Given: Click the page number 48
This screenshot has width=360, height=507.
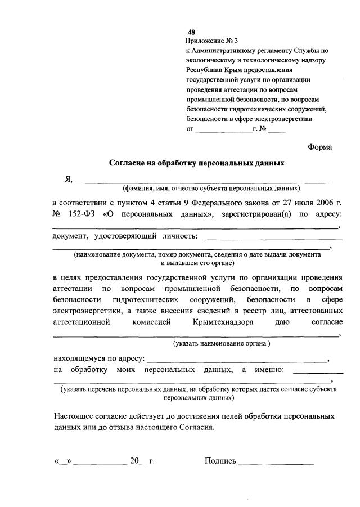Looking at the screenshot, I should click(192, 32).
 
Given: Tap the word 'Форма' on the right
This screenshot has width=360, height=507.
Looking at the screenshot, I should click(319, 147).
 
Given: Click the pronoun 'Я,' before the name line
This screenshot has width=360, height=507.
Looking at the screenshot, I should click(69, 180).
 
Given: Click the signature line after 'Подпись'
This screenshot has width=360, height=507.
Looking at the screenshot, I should click(276, 464).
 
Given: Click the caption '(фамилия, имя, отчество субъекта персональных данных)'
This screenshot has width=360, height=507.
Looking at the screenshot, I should click(211, 188).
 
